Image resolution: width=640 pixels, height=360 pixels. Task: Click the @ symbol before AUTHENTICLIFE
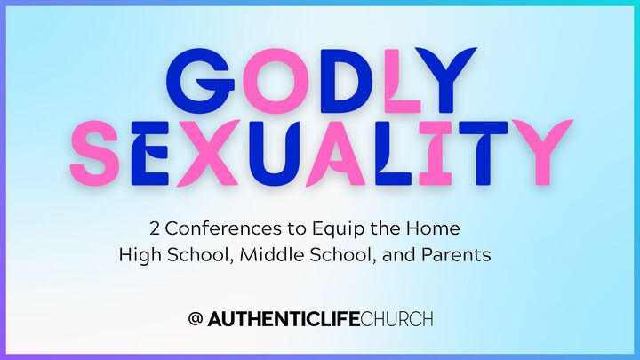pyautogui.click(x=196, y=318)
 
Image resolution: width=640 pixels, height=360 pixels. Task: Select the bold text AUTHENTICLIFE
pyautogui.click(x=284, y=318)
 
